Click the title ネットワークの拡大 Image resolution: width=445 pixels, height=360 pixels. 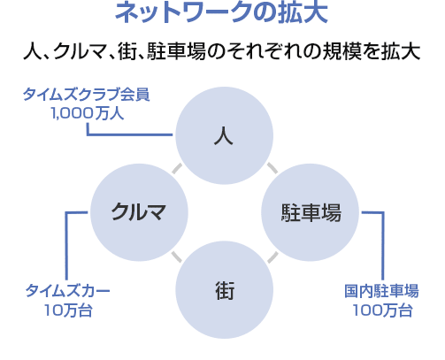pyautogui.click(x=221, y=12)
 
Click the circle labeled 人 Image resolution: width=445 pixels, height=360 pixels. pyautogui.click(x=224, y=135)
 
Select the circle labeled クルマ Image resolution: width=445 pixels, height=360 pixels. pyautogui.click(x=139, y=212)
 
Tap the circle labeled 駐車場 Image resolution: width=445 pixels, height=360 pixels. pyautogui.click(x=311, y=212)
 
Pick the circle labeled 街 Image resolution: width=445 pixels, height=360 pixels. pyautogui.click(x=224, y=289)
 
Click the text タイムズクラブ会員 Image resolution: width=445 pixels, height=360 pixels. pyautogui.click(x=87, y=95)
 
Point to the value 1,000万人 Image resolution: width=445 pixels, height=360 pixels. pyautogui.click(x=88, y=113)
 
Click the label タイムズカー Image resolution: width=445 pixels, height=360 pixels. pyautogui.click(x=67, y=291)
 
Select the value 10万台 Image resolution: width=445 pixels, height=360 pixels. pyautogui.click(x=68, y=310)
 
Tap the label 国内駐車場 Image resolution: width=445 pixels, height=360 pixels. pyautogui.click(x=381, y=291)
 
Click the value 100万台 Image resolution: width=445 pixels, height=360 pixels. pyautogui.click(x=382, y=310)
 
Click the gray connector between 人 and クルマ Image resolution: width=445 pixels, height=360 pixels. pyautogui.click(x=177, y=168)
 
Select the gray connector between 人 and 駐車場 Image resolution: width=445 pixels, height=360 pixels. pyautogui.click(x=272, y=168)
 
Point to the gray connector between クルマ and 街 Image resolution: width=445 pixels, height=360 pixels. pyautogui.click(x=177, y=257)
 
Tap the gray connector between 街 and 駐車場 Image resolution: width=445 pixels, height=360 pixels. pyautogui.click(x=272, y=257)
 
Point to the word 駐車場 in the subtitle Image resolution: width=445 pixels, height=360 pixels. pyautogui.click(x=176, y=51)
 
